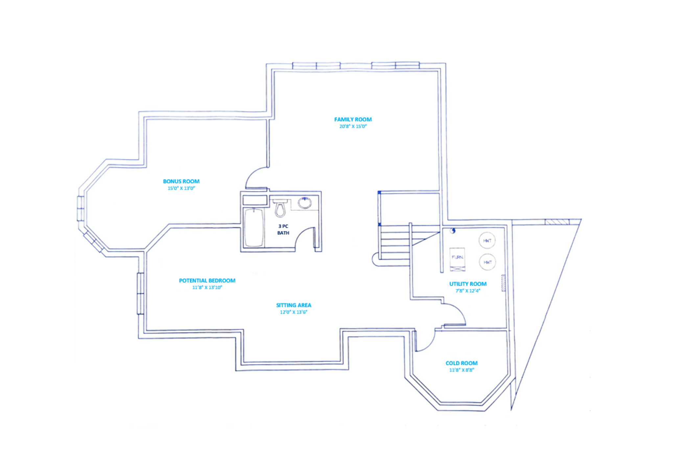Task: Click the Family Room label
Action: pyautogui.click(x=353, y=119)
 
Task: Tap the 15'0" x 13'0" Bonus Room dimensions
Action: pyautogui.click(x=181, y=188)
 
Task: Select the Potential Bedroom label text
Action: pyautogui.click(x=207, y=280)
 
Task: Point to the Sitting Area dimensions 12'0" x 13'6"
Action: pyautogui.click(x=293, y=312)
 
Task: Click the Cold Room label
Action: pyautogui.click(x=461, y=363)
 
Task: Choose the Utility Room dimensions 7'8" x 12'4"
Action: pyautogui.click(x=468, y=291)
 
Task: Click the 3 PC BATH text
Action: pyautogui.click(x=283, y=229)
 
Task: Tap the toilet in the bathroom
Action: pyautogui.click(x=280, y=208)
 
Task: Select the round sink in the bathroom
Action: pyautogui.click(x=305, y=203)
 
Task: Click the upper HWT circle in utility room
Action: pyautogui.click(x=487, y=240)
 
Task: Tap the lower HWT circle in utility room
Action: pyautogui.click(x=487, y=262)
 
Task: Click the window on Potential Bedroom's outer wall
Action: pyautogui.click(x=140, y=293)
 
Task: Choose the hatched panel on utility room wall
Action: pyautogui.click(x=503, y=283)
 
